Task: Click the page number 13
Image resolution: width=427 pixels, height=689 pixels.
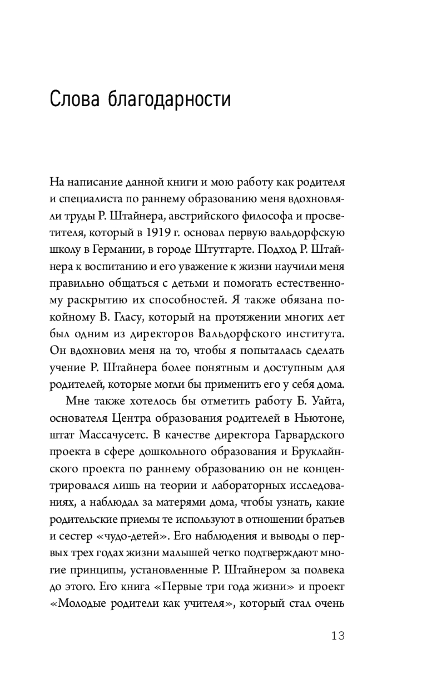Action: pos(337,636)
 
